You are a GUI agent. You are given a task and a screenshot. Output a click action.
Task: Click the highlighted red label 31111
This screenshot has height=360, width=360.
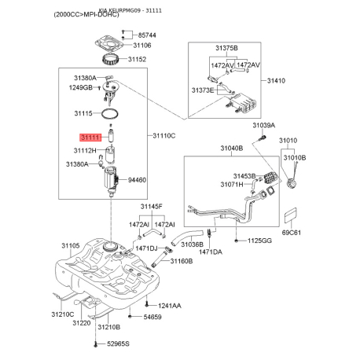(x=90, y=138)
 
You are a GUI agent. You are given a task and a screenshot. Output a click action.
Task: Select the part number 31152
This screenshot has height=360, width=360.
(x=137, y=59)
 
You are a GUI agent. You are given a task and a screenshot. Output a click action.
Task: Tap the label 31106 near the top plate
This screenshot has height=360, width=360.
(x=142, y=46)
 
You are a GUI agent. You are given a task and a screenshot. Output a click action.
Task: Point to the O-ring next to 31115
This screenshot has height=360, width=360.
(x=110, y=114)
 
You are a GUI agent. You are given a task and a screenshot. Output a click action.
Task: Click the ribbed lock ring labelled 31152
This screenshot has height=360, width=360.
(x=111, y=60)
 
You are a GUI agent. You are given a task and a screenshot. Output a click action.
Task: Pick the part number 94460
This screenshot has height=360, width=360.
(x=137, y=180)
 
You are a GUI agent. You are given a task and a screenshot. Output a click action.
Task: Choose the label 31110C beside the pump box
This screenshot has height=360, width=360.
(x=164, y=136)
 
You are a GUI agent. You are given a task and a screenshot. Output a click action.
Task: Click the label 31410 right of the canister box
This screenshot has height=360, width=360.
(x=276, y=81)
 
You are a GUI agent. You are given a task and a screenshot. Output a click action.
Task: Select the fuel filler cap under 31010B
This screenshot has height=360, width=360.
(x=292, y=183)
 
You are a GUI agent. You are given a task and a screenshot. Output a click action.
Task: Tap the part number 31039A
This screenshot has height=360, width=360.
(x=264, y=125)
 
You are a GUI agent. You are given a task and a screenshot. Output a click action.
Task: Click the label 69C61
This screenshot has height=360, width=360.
(x=292, y=233)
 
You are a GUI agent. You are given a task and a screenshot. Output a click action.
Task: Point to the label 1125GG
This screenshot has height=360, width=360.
(x=259, y=241)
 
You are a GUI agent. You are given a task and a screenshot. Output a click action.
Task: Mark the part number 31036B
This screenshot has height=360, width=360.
(x=192, y=244)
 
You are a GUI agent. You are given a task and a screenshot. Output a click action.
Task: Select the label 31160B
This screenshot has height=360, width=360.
(x=182, y=261)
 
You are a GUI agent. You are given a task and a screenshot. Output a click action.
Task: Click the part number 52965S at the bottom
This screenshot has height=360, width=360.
(x=118, y=343)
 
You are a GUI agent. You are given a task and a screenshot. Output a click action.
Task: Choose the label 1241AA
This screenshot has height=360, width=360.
(x=169, y=306)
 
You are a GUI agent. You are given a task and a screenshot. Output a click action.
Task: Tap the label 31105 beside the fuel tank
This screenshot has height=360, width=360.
(x=71, y=246)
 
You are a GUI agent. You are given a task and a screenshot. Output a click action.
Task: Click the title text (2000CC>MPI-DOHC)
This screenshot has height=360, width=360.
(x=86, y=14)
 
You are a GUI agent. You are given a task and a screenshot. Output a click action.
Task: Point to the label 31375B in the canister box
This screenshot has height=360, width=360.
(x=226, y=48)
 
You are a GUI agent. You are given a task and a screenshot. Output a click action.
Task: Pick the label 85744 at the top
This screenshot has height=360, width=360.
(x=147, y=35)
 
